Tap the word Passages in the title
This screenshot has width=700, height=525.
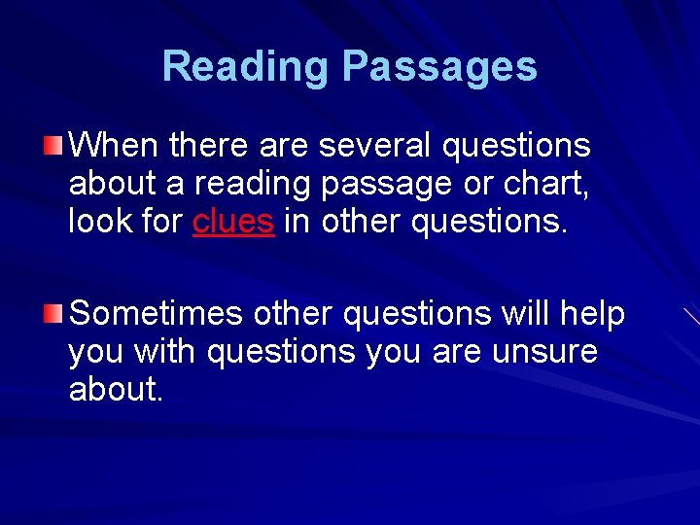tap(439, 67)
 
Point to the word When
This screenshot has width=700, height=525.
tap(115, 146)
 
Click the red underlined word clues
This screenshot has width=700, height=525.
tap(233, 222)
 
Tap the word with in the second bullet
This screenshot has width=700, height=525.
tap(170, 351)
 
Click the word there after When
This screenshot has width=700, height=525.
tap(210, 146)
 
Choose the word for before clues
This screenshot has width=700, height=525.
tap(160, 222)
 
